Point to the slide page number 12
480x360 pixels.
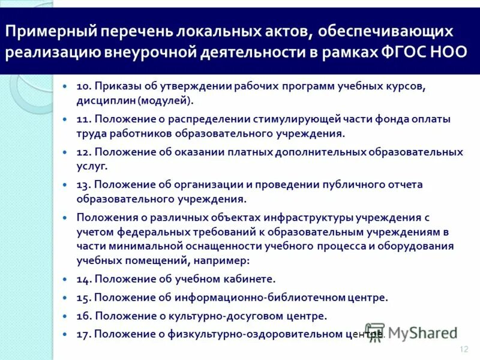[x=463, y=349]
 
